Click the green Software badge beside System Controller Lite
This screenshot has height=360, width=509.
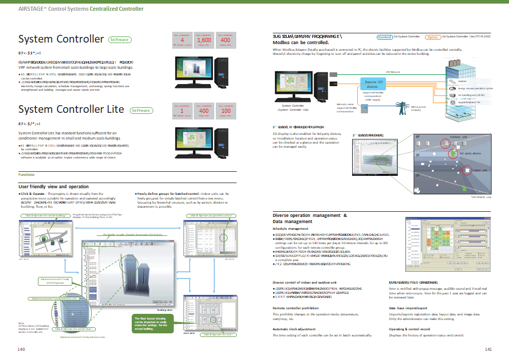tap(141, 110)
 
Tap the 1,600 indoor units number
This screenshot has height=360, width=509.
tap(204, 40)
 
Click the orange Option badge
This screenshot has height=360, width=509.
tap(433, 37)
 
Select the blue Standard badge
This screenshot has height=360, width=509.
tap(384, 37)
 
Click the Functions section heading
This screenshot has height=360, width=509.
tap(27, 175)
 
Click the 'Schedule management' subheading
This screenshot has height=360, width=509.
tap(291, 229)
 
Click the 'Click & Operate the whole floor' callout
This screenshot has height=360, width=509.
tap(74, 328)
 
